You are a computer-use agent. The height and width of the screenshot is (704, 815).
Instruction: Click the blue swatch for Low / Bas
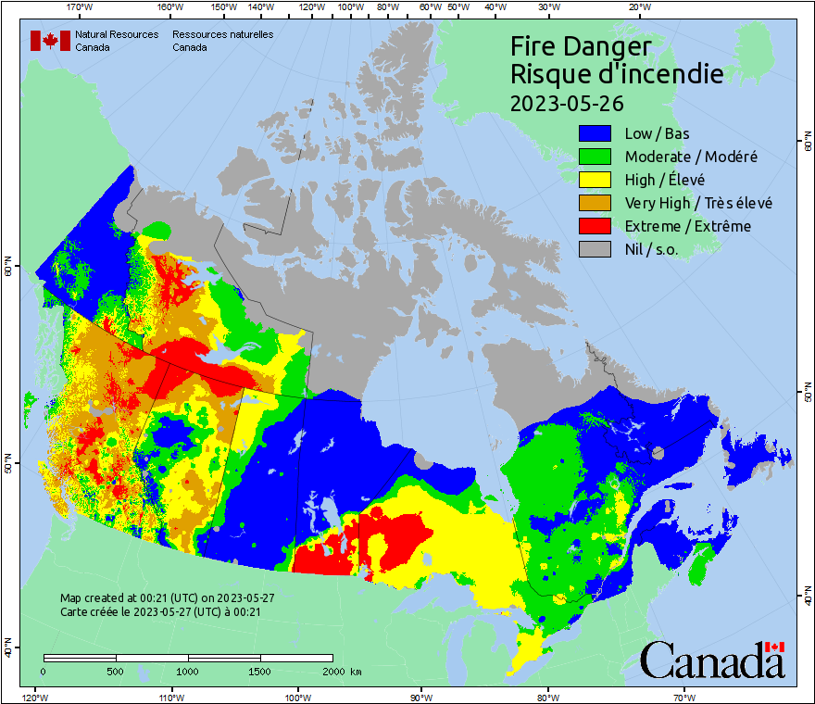pyautogui.click(x=596, y=133)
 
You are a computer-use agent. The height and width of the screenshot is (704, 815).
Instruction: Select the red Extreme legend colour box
pyautogui.click(x=596, y=226)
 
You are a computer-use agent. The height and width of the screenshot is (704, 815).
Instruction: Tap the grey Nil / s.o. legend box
pyautogui.click(x=596, y=249)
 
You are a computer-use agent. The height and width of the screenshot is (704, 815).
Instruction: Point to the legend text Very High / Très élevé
pyautogui.click(x=698, y=203)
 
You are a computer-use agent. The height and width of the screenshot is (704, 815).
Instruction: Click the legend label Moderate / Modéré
pyautogui.click(x=691, y=157)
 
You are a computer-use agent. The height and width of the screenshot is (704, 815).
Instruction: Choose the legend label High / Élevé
pyautogui.click(x=664, y=180)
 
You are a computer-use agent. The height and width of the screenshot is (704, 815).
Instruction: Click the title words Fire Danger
pyautogui.click(x=581, y=46)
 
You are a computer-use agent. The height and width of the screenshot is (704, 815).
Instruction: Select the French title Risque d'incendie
pyautogui.click(x=616, y=74)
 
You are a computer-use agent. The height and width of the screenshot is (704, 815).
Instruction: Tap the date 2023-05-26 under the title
pyautogui.click(x=567, y=102)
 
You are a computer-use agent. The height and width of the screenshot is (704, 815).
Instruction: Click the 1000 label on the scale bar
pyautogui.click(x=188, y=671)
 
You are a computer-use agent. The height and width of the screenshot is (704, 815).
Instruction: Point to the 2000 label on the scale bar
pyautogui.click(x=332, y=671)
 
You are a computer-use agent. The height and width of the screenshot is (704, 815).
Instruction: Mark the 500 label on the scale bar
pyautogui.click(x=116, y=671)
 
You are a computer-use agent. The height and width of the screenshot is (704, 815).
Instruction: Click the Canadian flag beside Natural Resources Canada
pyautogui.click(x=50, y=41)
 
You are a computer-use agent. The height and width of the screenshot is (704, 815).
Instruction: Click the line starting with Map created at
pyautogui.click(x=167, y=598)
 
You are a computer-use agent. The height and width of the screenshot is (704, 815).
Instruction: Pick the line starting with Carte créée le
pyautogui.click(x=160, y=612)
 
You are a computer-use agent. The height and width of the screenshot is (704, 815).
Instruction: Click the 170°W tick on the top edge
pyautogui.click(x=81, y=7)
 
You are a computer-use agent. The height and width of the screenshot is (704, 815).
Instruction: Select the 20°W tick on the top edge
pyautogui.click(x=638, y=7)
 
